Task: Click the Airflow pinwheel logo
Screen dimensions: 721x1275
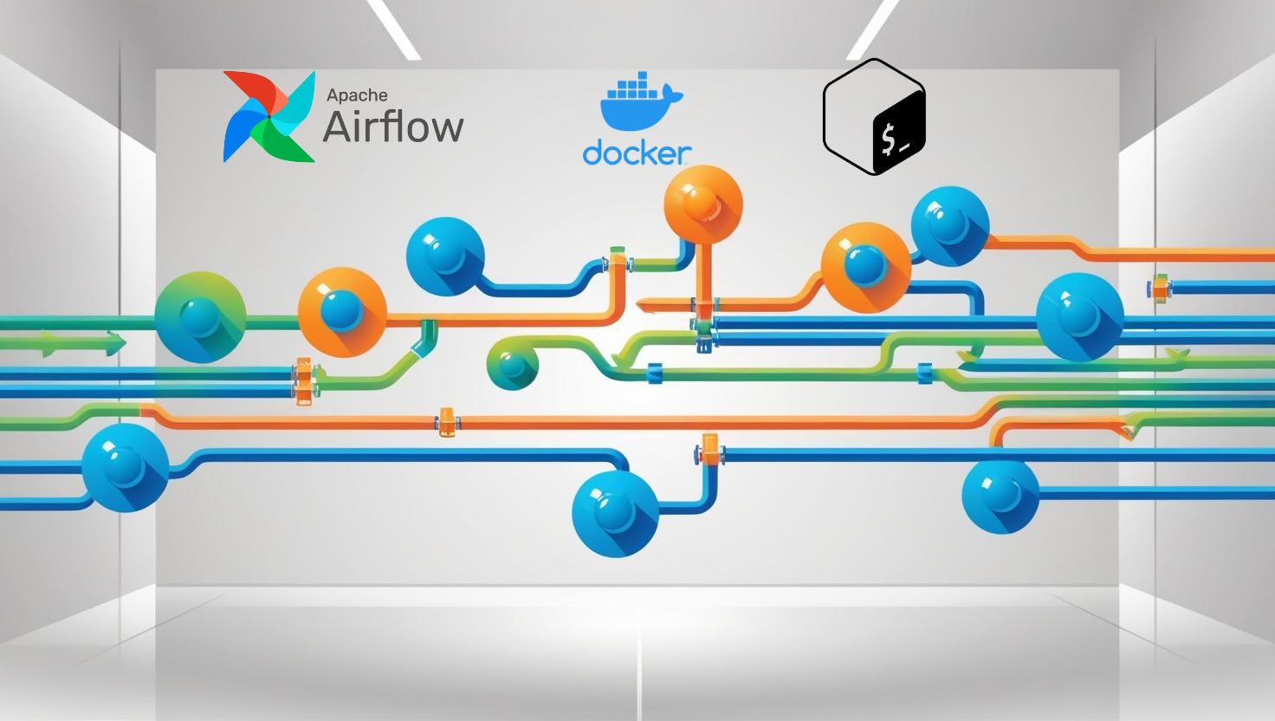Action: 269,117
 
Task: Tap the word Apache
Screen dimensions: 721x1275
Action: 357,95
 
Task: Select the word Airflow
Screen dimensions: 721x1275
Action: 393,127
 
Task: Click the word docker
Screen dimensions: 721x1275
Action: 637,153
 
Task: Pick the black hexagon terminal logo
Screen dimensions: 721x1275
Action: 874,117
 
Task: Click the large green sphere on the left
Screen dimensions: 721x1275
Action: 200,317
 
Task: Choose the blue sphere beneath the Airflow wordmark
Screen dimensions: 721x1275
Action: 445,257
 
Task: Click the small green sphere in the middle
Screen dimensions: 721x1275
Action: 513,364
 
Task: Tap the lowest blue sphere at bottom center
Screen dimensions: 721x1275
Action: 615,514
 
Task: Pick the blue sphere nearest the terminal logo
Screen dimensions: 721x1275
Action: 949,224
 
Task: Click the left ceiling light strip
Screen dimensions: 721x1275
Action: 394,29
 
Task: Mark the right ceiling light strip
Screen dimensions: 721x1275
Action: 872,29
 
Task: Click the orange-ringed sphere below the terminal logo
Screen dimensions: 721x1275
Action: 864,267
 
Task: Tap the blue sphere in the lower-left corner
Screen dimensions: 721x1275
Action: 125,468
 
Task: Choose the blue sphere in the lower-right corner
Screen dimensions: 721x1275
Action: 1000,496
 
